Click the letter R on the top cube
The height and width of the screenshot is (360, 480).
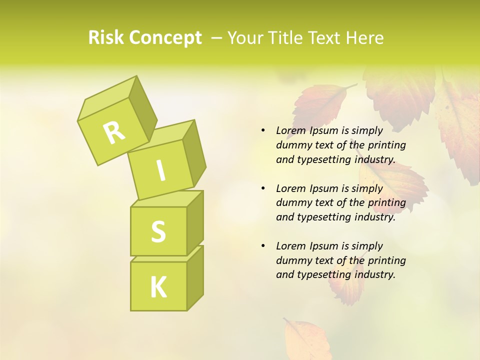pos(114,132)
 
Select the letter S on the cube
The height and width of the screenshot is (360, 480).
pos(158,231)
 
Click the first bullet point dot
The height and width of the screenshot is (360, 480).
pos(263,130)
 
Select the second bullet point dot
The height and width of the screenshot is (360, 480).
pos(263,188)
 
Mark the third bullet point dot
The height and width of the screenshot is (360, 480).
pos(263,246)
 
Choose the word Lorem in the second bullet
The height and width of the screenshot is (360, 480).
pos(291,188)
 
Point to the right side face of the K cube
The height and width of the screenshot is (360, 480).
pos(195,277)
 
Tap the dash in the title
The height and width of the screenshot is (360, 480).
pos(217,38)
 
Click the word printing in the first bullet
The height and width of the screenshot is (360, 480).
pos(387,145)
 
